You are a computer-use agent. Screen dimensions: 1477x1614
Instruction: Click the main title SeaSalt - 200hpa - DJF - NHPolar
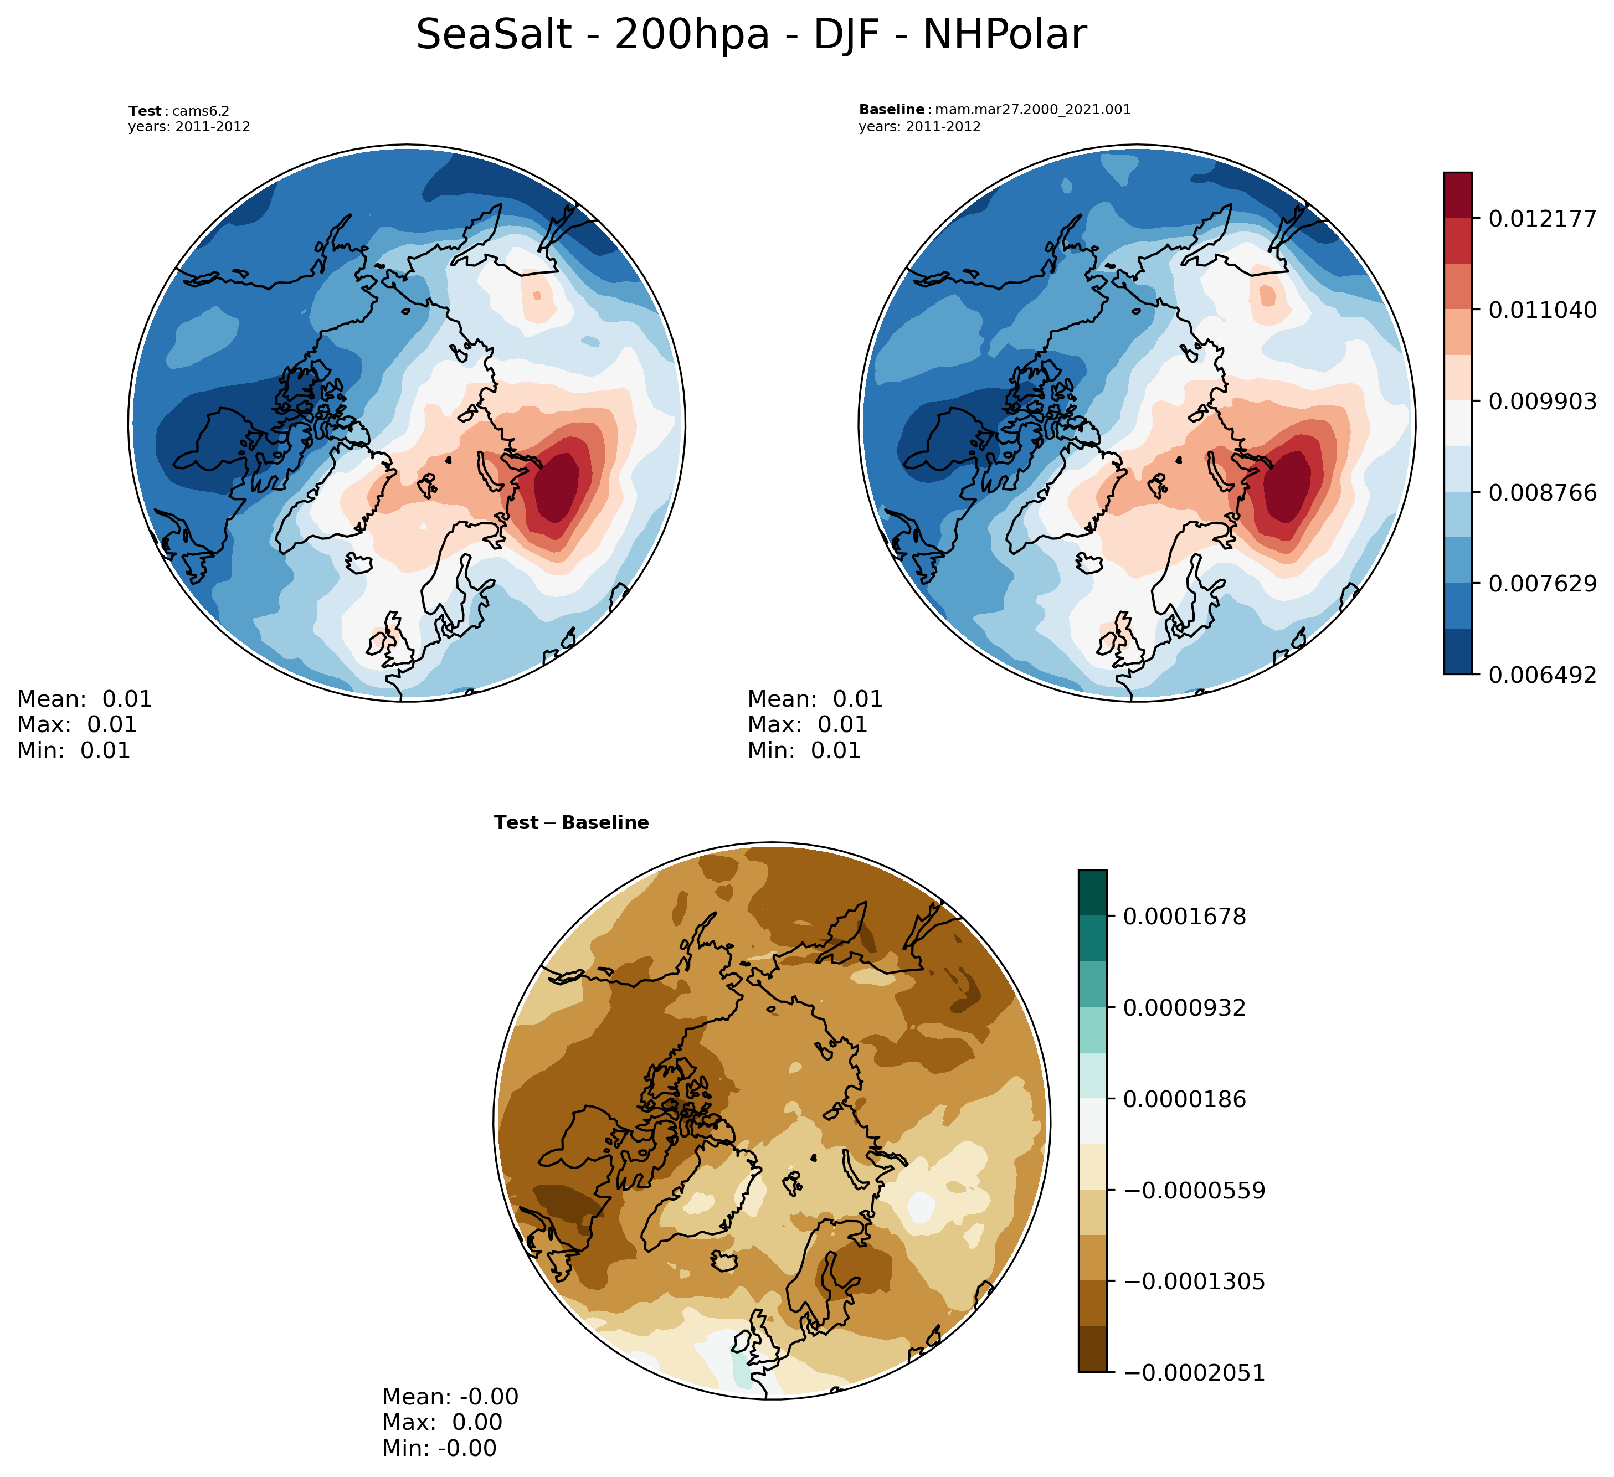[x=751, y=35]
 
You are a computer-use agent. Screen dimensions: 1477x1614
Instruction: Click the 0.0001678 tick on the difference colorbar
[x=1185, y=917]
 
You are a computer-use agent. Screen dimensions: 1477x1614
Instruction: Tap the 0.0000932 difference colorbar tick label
[x=1185, y=1008]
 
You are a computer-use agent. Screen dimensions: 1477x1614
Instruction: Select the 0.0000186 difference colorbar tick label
[x=1185, y=1099]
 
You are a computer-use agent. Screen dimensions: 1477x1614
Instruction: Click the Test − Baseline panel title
[x=572, y=823]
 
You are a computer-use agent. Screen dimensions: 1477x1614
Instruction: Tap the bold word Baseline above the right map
[x=891, y=110]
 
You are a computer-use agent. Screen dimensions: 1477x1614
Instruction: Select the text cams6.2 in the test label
[x=201, y=111]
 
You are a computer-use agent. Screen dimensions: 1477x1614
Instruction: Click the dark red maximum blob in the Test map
[x=557, y=488]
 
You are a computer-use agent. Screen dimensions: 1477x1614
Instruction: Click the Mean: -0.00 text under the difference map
[x=450, y=1396]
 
